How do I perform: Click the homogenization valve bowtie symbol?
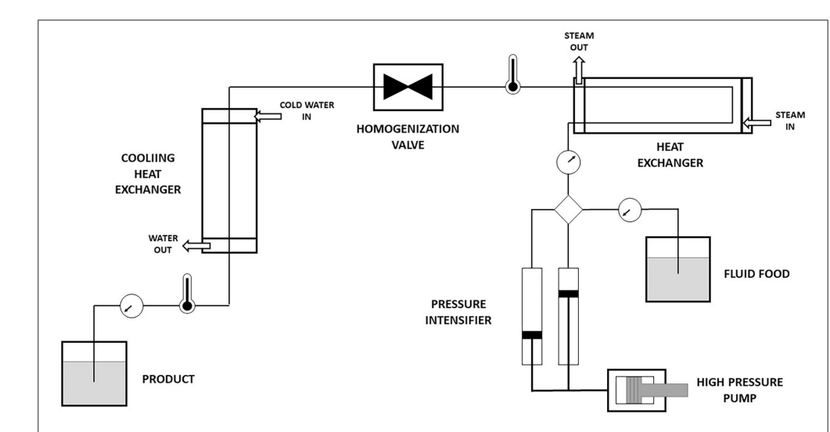click(x=408, y=87)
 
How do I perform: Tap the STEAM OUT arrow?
click(x=579, y=69)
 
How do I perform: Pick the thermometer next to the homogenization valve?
click(x=512, y=74)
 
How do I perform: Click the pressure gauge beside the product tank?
click(x=128, y=307)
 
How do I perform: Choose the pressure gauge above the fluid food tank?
click(x=628, y=209)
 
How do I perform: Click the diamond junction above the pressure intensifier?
click(x=569, y=209)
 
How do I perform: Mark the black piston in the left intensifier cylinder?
click(x=532, y=336)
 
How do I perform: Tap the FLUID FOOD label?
click(x=757, y=275)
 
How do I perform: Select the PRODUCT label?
click(x=167, y=380)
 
